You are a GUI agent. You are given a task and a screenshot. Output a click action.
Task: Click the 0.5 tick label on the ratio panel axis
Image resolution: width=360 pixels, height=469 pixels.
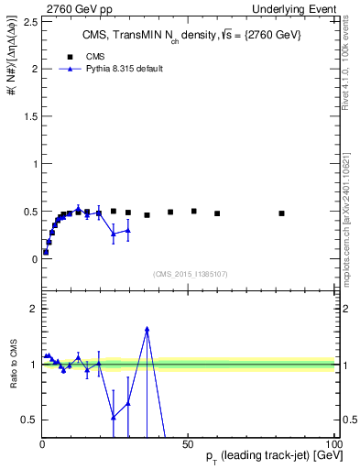coord(30,420)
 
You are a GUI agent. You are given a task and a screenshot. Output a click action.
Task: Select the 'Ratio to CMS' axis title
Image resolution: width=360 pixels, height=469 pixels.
coord(14,364)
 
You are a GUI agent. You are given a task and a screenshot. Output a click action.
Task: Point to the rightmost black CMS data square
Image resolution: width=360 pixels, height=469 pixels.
coord(282,213)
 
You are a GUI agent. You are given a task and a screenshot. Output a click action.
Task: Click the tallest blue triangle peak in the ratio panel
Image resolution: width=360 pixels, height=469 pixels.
coord(147,329)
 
